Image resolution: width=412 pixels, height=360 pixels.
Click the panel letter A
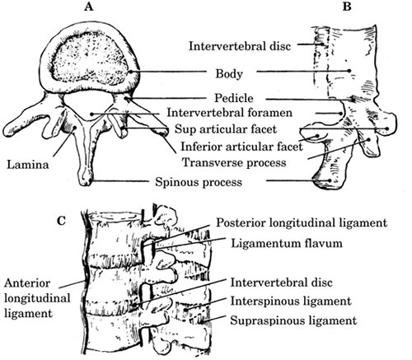point(89,7)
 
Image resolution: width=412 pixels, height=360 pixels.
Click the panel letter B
point(347,7)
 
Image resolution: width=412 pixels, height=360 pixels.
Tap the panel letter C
point(62,220)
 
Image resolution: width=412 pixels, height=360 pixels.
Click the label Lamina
point(28,165)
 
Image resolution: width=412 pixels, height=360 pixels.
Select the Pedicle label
point(234,98)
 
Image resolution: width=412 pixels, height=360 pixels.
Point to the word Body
point(229,73)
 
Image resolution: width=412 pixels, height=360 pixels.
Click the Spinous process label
point(199,182)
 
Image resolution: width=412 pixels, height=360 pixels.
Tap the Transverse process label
point(234,162)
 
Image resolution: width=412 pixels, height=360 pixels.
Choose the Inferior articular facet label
point(241,147)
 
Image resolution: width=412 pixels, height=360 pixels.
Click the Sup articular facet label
point(226,129)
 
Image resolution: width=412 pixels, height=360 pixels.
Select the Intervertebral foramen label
point(230,113)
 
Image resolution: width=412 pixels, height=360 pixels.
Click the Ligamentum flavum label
point(287,243)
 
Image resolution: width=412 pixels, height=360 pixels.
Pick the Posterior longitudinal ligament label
point(302,222)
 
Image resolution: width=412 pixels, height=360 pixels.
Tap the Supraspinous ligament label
point(293,320)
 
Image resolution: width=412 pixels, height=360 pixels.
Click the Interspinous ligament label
point(291,302)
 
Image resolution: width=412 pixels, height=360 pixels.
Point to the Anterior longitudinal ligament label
point(37,298)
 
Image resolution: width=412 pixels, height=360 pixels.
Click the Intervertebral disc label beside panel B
point(240,46)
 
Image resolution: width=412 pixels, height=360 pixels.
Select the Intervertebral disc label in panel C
point(281,283)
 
